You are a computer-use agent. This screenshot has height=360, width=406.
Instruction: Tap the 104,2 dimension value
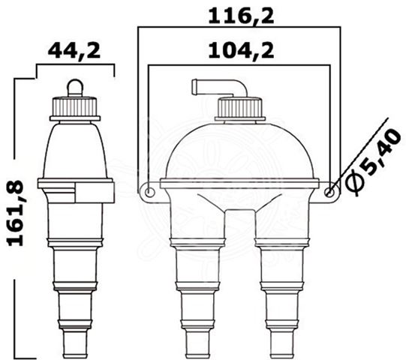pos(241,51)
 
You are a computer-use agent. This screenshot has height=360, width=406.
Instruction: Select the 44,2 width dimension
pos(74,51)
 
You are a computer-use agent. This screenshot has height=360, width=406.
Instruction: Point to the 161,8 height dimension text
pos(16,213)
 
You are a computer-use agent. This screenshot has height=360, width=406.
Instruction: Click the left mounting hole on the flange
pos(149,192)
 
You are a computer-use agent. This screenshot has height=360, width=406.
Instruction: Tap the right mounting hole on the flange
pos(329,192)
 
